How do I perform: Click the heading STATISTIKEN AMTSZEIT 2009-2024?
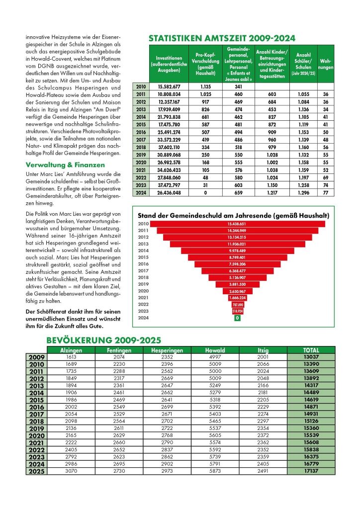point(222,38)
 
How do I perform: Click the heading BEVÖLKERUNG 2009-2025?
point(103,340)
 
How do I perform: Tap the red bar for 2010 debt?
point(237,224)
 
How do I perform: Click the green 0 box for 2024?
point(238,317)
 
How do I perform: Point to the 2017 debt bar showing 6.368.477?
point(237,270)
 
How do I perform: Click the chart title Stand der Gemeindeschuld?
point(233,215)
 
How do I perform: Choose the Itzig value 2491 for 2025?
point(261,470)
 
